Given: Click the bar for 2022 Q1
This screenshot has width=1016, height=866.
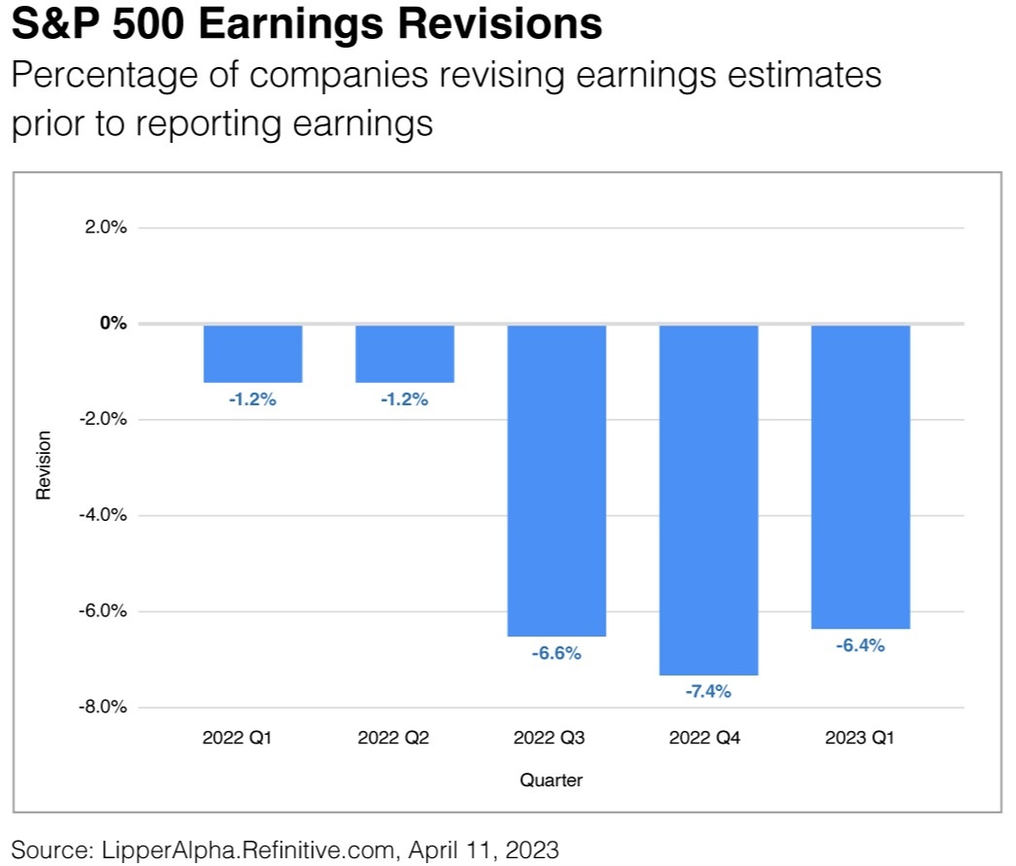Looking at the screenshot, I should tap(253, 354).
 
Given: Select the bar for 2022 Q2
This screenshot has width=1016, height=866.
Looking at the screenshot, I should tap(404, 354).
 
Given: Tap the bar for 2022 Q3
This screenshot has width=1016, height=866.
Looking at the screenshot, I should tap(556, 480).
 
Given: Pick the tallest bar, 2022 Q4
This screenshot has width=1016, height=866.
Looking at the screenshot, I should tap(709, 500).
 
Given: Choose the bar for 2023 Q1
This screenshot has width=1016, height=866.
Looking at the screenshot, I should tap(860, 476).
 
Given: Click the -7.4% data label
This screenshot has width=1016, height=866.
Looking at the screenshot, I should tap(708, 692).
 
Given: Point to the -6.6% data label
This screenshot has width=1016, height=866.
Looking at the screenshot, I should tap(556, 653).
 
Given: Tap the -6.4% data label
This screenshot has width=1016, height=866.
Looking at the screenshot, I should tap(860, 645).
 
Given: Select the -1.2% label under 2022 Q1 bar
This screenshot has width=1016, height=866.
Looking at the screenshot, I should tap(253, 399).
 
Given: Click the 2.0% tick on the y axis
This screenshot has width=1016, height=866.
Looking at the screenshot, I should tap(107, 227).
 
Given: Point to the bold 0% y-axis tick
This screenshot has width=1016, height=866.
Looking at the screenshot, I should tap(114, 323).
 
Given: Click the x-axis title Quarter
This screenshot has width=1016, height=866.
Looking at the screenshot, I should tap(551, 779).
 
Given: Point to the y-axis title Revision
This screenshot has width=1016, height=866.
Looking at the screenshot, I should tap(44, 466).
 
